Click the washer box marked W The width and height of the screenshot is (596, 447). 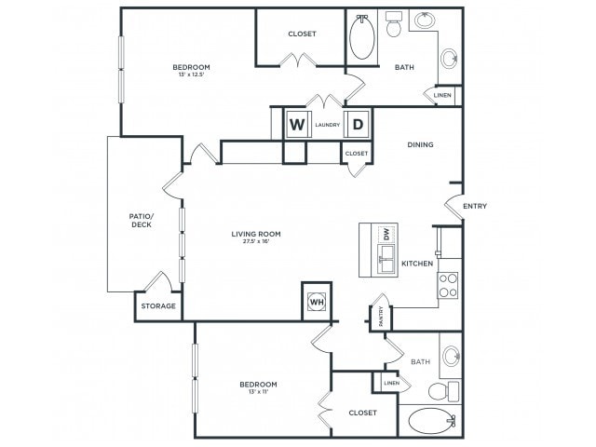pyautogui.click(x=298, y=124)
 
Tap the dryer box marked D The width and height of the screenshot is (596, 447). pyautogui.click(x=358, y=124)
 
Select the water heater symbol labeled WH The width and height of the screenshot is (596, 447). pyautogui.click(x=316, y=302)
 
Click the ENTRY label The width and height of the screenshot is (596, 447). pyautogui.click(x=474, y=207)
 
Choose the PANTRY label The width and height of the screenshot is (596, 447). pyautogui.click(x=380, y=316)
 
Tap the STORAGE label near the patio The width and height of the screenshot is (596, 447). pyautogui.click(x=158, y=305)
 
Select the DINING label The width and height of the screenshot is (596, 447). pyautogui.click(x=421, y=145)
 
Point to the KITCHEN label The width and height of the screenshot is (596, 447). pyautogui.click(x=417, y=264)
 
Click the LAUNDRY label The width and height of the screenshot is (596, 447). pyautogui.click(x=327, y=125)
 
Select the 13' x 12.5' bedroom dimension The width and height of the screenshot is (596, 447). pyautogui.click(x=191, y=75)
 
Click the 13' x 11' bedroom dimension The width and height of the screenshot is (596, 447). pyautogui.click(x=257, y=393)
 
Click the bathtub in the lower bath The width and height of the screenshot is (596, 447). pyautogui.click(x=431, y=422)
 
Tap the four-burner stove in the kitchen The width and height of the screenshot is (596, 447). pyautogui.click(x=447, y=284)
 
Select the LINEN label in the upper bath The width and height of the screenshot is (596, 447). pyautogui.click(x=442, y=95)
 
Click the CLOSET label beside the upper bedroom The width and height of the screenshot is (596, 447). pyautogui.click(x=302, y=34)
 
